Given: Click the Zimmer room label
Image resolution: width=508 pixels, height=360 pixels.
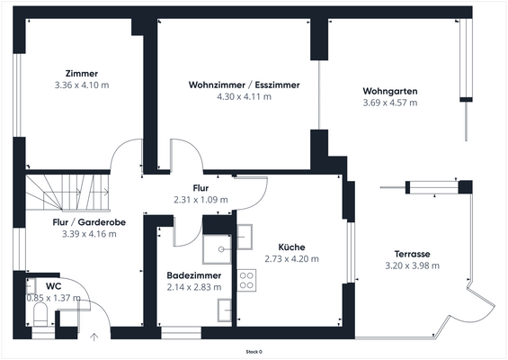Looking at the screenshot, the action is coord(82,74).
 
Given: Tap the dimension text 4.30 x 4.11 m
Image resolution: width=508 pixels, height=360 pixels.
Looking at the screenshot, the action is coord(244,96).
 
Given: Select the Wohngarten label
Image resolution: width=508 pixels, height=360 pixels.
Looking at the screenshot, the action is coord(390,91).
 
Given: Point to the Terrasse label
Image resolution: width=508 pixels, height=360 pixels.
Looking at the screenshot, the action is coord(412,254).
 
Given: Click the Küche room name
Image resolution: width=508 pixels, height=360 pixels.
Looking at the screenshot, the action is coord(291,247).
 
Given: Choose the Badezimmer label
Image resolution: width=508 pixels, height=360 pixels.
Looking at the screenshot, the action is coord(194,275).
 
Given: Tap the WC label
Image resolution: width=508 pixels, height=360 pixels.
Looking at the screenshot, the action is coord(53,286).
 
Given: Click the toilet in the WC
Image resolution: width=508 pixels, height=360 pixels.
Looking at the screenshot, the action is coord(40,314).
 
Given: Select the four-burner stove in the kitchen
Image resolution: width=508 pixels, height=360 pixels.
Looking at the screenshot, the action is coord(246,280).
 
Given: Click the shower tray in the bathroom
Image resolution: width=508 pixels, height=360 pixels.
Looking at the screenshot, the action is coord(217,249).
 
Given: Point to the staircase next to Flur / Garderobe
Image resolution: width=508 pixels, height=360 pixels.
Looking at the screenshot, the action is coord(68,193).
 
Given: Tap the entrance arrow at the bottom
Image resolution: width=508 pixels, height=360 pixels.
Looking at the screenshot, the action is coord(94,337).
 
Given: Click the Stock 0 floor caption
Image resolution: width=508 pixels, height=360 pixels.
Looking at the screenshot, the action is coord(254,352).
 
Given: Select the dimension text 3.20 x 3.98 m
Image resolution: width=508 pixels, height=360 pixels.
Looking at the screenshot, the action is coord(412,265).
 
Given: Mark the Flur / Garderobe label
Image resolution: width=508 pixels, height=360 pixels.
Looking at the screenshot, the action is coord(89,222).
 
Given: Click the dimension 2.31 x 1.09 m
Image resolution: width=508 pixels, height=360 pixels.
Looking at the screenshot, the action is coord(201,200).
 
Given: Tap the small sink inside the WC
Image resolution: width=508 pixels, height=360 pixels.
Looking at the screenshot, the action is coord(31,286).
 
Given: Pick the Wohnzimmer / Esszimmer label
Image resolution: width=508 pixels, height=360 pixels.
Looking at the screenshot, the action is coord(245,85).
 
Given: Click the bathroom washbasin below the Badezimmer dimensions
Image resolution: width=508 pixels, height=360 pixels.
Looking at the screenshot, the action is coord(225,310).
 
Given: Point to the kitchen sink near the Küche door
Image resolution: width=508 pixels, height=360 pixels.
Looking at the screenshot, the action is coord(245,237).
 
